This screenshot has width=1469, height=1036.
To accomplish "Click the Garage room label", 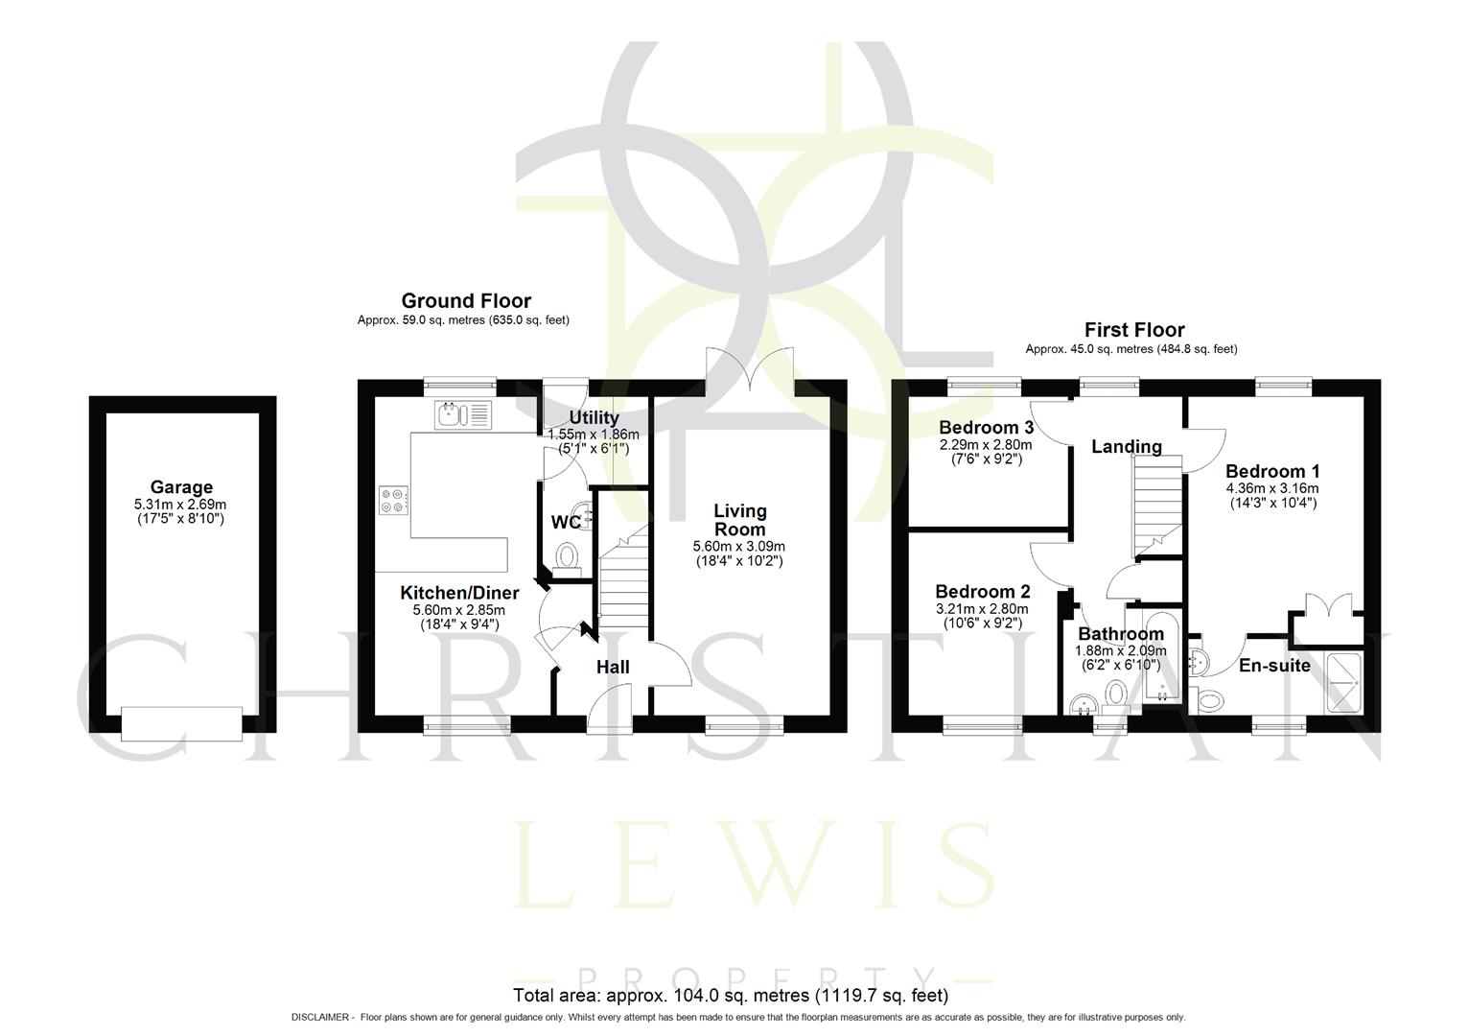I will [181, 487].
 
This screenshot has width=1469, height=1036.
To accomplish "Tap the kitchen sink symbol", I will [463, 414].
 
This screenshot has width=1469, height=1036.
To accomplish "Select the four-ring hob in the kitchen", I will [394, 500].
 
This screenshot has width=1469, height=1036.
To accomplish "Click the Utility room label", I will [594, 418].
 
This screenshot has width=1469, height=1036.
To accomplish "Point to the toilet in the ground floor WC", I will [568, 556].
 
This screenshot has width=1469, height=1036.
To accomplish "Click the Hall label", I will [613, 667].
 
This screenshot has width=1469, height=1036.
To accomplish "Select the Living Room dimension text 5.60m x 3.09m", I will [739, 546].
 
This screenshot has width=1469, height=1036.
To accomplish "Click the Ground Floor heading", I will [466, 301].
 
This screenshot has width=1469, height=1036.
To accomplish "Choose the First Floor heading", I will [1133, 330].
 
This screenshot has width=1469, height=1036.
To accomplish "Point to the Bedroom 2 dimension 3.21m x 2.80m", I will [982, 608].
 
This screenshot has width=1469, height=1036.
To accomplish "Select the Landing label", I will [1127, 446].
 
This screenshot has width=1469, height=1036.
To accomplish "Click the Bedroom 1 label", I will [1272, 471].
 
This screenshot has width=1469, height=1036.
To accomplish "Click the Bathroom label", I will [1121, 634].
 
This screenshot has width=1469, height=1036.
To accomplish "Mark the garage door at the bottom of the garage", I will [181, 722].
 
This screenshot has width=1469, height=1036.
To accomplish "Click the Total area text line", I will [731, 995].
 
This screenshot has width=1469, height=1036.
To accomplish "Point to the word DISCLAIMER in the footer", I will [321, 1017].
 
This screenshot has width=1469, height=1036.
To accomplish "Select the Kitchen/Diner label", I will [459, 594].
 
